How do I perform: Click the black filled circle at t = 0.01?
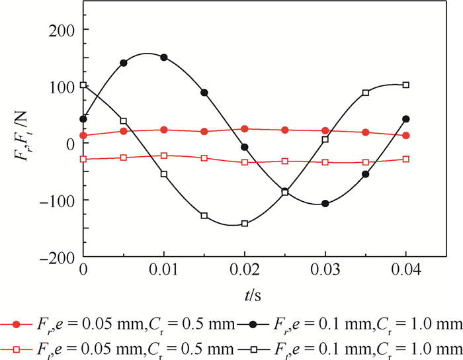point(164,58)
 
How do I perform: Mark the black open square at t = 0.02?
point(245,224)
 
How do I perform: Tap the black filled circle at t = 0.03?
point(325,204)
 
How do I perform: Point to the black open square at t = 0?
point(83,85)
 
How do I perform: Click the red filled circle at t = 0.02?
point(245,129)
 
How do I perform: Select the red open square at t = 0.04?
point(406,159)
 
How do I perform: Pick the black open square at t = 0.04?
point(406,85)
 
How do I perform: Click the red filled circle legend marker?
point(17,324)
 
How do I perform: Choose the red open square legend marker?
point(17,347)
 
